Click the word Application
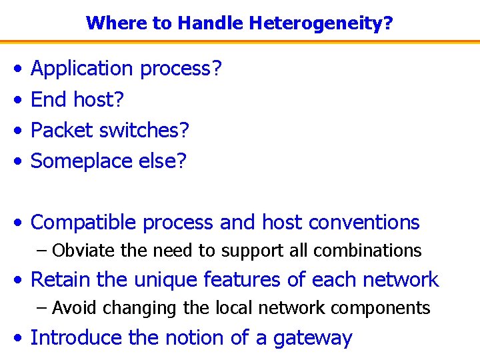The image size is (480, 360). point(82,69)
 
